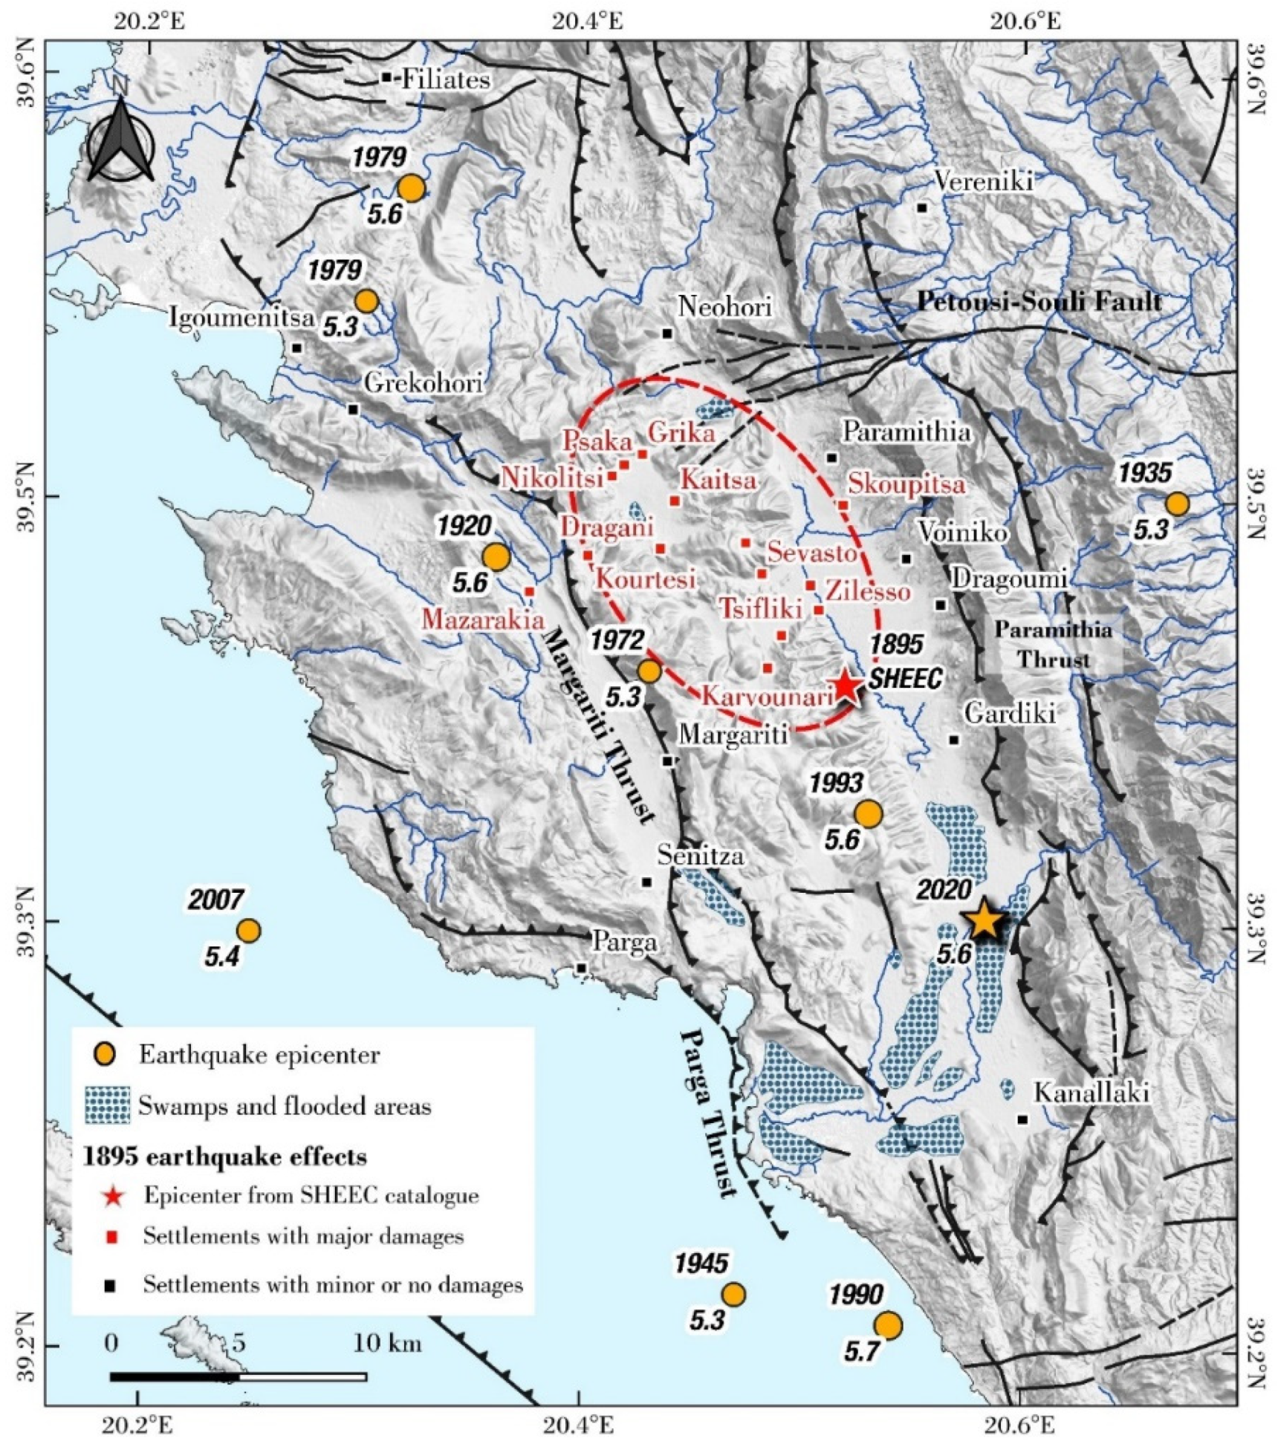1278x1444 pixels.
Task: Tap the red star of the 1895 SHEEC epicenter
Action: point(846,687)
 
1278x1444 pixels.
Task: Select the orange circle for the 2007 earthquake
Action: point(248,930)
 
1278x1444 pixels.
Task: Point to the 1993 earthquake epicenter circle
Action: point(868,814)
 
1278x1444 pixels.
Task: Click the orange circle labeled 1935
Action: point(1177,504)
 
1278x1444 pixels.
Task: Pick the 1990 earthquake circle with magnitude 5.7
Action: point(888,1324)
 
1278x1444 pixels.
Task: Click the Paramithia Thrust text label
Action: point(1054,644)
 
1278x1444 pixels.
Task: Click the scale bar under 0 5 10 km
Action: point(238,1376)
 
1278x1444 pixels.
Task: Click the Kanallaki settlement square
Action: point(1022,1119)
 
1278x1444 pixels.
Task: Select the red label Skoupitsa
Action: point(906,484)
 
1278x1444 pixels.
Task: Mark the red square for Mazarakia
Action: point(530,591)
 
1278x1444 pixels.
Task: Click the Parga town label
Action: point(624,943)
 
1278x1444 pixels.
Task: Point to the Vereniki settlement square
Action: point(922,207)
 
